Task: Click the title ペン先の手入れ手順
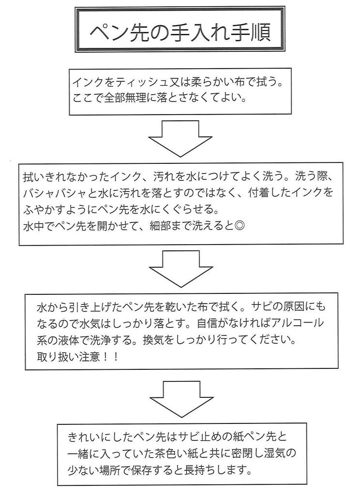click(180, 30)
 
